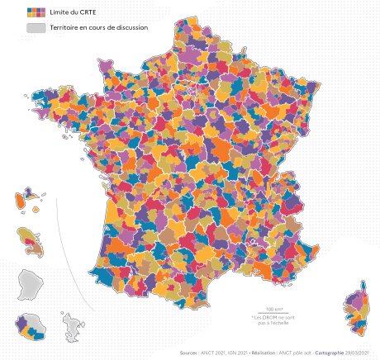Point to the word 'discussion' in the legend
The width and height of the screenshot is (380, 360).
coord(131,27)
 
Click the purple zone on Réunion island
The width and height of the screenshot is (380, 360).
coord(23,323)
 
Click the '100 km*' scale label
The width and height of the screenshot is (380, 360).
coord(264,308)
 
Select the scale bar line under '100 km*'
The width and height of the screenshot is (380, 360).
coord(264,313)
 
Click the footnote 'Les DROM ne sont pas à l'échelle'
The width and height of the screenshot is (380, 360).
coord(264,321)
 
